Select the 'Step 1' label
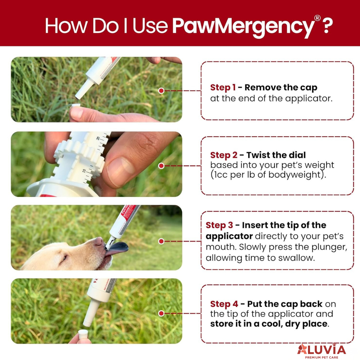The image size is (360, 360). click(223, 88)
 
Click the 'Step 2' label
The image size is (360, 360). click(224, 155)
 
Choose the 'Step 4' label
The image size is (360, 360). click(224, 304)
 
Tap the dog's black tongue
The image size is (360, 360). click(117, 248)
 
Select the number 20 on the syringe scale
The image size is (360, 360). click(98, 138)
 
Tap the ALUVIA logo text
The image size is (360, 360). click(322, 349)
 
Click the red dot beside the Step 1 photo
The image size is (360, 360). click(161, 91)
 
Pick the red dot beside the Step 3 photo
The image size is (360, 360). click(161, 241)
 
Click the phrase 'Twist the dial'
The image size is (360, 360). click(276, 155)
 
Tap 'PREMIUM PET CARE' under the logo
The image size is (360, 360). click(322, 357)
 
